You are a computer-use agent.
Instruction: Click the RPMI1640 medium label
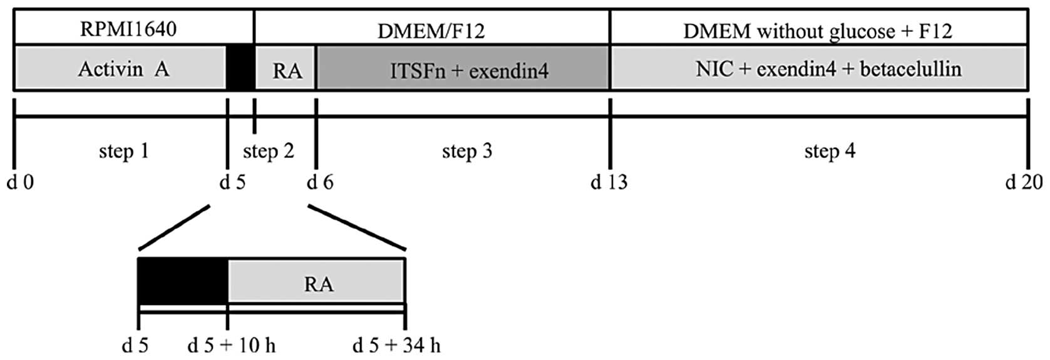pos(128,29)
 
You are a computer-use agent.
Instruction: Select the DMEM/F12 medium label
pos(431,31)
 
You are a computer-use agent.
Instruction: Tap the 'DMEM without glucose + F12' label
pos(817,31)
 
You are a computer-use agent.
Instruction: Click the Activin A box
pos(123,68)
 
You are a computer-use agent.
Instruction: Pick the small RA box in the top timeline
pos(287,70)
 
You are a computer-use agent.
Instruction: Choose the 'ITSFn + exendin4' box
pos(468,70)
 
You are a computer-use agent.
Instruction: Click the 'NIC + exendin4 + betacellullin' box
pos(828,68)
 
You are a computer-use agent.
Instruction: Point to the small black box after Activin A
pos(240,68)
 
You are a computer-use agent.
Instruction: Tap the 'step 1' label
pos(123,151)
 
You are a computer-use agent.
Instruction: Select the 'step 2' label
pos(268,151)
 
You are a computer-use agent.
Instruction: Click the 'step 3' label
pos(466,151)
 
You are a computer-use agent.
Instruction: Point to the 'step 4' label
pos(829,151)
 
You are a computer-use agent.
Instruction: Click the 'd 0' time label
pos(20,182)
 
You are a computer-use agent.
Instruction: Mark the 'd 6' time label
pos(320,182)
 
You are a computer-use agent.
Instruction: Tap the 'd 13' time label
pos(609,182)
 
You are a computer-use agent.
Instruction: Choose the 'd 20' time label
pos(1024,182)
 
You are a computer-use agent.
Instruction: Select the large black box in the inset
pos(182,280)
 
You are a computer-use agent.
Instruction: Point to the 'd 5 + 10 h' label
pos(231,345)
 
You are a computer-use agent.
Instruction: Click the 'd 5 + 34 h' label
pos(396,345)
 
